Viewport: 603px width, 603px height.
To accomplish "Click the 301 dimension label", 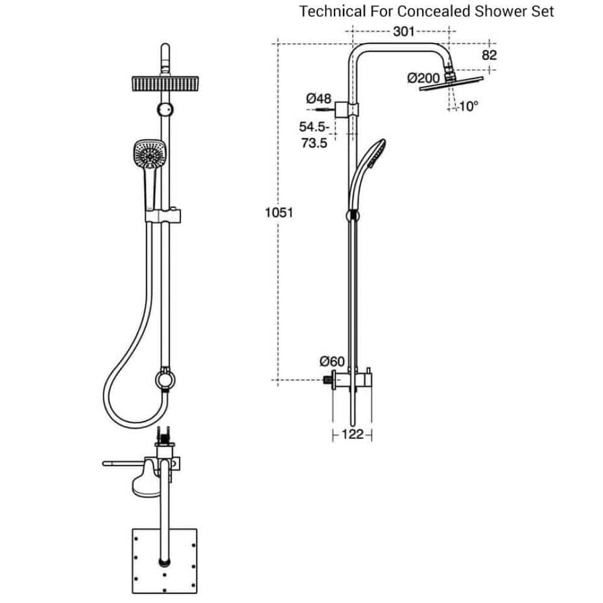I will (403, 31).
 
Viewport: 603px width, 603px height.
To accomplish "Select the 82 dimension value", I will (489, 55).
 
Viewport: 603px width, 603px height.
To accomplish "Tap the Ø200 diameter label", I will (423, 78).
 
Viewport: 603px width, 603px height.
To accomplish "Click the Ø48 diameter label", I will (318, 98).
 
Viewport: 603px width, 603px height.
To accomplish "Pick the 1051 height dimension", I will (279, 212).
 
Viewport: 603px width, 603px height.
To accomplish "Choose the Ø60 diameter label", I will (332, 362).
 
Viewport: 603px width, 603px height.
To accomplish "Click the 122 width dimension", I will (352, 434).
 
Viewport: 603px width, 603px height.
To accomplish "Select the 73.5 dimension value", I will (314, 143).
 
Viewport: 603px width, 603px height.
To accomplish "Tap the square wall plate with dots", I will (163, 564).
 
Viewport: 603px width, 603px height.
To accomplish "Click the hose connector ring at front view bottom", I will (163, 379).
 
